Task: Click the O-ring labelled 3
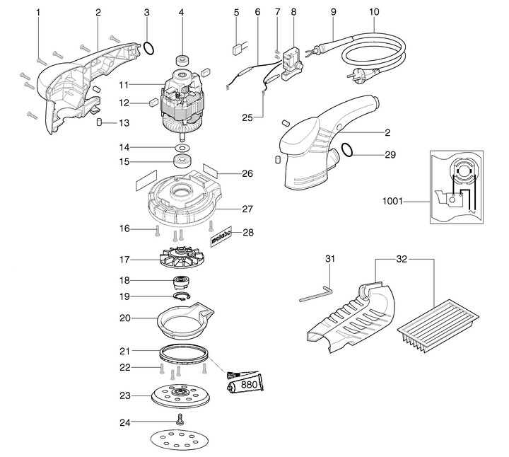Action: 148,48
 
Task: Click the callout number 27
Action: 247,209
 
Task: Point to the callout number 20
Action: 124,318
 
